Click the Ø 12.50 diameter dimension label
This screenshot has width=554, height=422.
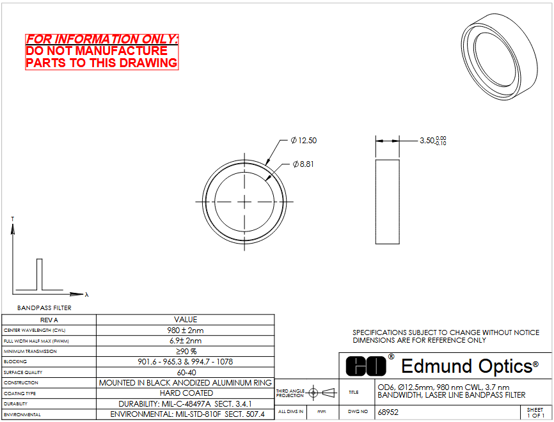[x=303, y=141]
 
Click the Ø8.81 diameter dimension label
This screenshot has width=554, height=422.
[x=303, y=164]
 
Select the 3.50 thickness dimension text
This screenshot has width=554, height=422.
[x=433, y=141]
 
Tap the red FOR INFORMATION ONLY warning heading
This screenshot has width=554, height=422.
[x=102, y=39]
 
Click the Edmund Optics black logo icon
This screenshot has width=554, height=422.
[x=366, y=366]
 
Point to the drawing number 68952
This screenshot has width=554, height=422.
[x=388, y=412]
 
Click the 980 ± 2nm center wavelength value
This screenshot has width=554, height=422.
[x=186, y=331]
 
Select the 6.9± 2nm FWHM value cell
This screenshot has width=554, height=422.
[x=186, y=341]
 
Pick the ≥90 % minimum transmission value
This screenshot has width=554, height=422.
[x=186, y=352]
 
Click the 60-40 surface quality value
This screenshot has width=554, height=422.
[x=186, y=373]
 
